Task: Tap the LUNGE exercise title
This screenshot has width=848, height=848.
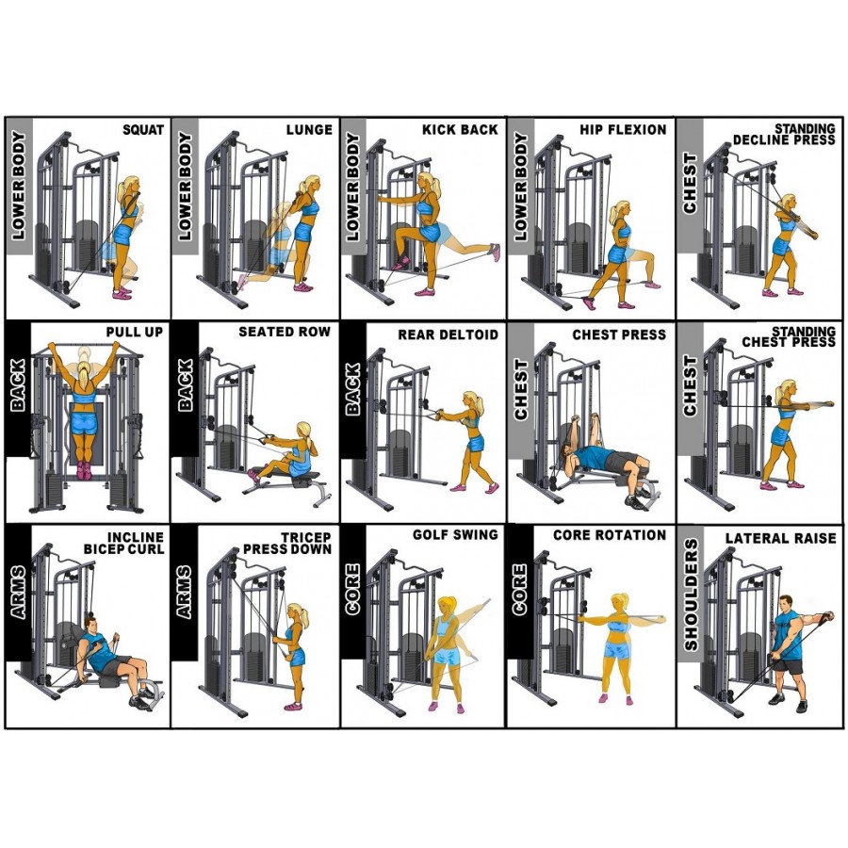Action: [310, 130]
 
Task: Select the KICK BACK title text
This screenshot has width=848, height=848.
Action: [460, 130]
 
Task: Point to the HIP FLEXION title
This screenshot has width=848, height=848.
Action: [624, 130]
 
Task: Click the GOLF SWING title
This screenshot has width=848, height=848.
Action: [455, 535]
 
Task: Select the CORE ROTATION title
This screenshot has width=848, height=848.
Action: [610, 535]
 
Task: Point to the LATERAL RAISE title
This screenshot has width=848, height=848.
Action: [780, 539]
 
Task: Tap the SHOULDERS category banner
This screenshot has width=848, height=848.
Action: [690, 594]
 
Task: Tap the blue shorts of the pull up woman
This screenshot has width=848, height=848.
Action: [85, 415]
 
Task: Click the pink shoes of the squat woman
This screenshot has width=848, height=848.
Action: [122, 294]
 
